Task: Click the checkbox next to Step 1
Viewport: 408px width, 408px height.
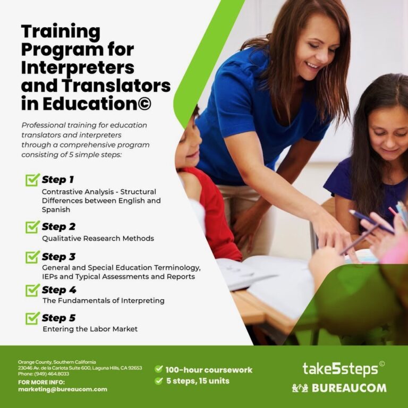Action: (32, 180)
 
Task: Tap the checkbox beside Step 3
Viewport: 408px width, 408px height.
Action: (32, 257)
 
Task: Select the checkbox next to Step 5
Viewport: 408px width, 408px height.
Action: (32, 318)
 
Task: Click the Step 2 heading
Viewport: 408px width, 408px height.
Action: (58, 227)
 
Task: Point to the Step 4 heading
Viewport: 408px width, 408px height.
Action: (59, 291)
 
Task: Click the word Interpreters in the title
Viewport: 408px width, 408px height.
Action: (77, 68)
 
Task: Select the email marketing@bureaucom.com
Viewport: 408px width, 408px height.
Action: (63, 389)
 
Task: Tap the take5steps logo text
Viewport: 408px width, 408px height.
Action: (340, 369)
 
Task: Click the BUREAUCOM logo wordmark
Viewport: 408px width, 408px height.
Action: (348, 388)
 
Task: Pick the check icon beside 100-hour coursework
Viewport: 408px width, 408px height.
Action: (158, 369)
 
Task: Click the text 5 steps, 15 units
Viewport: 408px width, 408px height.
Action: (198, 381)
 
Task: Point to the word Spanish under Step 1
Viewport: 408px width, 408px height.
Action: (55, 210)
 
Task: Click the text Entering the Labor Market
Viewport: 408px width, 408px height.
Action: (90, 329)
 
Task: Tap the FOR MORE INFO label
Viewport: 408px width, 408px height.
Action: (41, 382)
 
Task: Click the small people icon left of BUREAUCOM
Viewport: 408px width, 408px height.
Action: (300, 388)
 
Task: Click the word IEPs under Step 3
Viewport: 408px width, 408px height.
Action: (52, 277)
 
